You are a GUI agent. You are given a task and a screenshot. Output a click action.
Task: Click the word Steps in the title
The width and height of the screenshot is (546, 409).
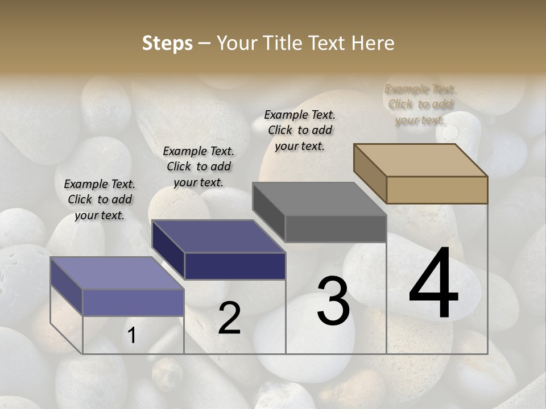click(167, 43)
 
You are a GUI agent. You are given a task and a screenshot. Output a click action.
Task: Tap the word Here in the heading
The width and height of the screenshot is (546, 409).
click(373, 43)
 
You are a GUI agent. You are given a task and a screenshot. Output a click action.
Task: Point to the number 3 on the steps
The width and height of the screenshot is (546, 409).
click(333, 301)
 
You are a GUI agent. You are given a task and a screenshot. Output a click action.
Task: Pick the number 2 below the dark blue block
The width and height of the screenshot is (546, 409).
click(229, 318)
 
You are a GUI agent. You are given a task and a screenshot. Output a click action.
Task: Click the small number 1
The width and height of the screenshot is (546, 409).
click(131, 336)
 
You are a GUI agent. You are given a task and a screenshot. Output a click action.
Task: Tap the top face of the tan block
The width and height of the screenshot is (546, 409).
click(420, 160)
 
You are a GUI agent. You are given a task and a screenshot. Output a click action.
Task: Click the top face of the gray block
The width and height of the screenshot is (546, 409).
click(319, 199)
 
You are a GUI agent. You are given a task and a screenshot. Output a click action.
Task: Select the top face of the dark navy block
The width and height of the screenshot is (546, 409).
click(218, 236)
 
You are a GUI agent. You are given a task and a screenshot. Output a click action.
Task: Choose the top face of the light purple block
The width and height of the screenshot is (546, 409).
click(117, 273)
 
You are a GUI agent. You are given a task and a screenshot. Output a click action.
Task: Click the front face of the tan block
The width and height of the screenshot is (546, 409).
click(437, 190)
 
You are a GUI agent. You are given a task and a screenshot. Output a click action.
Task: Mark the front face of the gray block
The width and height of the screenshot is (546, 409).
click(336, 228)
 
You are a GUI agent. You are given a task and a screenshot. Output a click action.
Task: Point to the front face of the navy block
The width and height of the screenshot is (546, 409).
click(235, 266)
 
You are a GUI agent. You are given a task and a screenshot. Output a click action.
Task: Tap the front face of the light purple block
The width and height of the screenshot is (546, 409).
click(134, 302)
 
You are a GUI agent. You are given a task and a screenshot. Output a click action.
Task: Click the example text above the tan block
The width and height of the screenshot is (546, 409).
click(420, 105)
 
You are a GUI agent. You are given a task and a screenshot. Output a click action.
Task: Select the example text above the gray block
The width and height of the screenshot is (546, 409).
click(300, 130)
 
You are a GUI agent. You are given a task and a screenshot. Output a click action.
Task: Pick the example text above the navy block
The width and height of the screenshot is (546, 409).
click(198, 166)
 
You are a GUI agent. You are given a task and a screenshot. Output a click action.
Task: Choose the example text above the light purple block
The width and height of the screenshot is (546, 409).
click(100, 199)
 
